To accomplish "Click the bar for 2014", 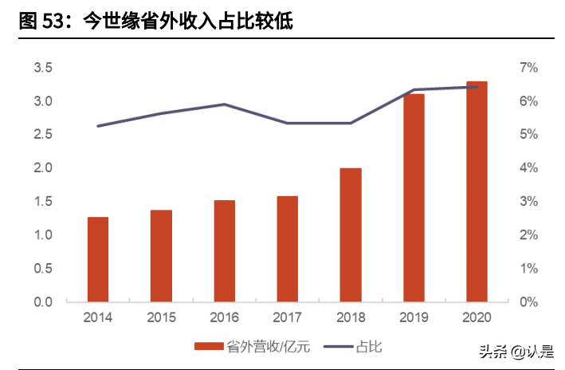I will click(x=98, y=259).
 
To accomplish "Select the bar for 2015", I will click(x=161, y=256).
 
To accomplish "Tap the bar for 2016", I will click(x=224, y=251).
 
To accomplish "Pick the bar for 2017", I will click(x=288, y=249).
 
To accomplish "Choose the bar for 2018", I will click(x=351, y=235).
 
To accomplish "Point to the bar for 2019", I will click(x=414, y=198).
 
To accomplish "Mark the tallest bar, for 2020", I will click(x=477, y=191).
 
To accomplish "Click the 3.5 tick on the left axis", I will click(x=43, y=68).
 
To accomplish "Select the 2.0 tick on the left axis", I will click(x=43, y=168).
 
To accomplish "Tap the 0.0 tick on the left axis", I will click(x=43, y=302).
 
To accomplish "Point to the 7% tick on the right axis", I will click(x=529, y=68).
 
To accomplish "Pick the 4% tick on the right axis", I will click(x=529, y=168).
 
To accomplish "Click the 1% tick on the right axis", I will click(x=529, y=269).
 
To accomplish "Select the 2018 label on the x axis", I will click(x=351, y=317).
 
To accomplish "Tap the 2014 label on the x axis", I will click(x=98, y=317).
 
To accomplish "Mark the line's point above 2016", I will click(x=224, y=104).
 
